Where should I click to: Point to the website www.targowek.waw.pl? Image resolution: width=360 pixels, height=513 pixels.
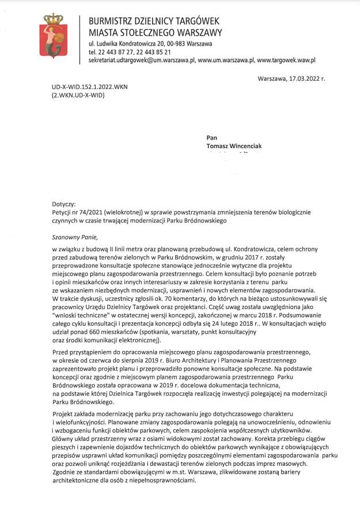286,59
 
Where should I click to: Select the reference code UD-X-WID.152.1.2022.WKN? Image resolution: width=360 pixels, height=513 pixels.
90,87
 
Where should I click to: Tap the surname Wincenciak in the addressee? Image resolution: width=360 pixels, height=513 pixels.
242,146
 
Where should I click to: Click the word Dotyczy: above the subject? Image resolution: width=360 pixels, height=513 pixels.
64,205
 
